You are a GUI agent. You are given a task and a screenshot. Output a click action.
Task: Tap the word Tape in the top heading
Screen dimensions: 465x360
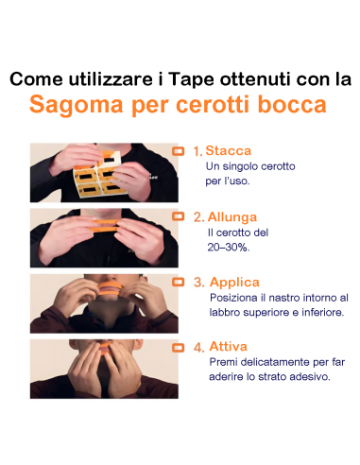(x=189, y=78)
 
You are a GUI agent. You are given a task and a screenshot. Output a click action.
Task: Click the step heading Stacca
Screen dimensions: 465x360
(x=230, y=150)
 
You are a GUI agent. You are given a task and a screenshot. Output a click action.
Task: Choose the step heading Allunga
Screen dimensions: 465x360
(x=232, y=216)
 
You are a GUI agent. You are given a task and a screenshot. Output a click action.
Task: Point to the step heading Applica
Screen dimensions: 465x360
(x=234, y=282)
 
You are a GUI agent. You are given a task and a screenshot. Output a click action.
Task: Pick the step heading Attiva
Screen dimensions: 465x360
(x=228, y=347)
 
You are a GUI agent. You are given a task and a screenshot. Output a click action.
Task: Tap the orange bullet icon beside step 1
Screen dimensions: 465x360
(x=178, y=150)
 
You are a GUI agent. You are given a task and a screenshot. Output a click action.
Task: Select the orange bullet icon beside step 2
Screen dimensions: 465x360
(x=178, y=216)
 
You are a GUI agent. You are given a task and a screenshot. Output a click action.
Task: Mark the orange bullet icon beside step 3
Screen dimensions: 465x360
(x=178, y=282)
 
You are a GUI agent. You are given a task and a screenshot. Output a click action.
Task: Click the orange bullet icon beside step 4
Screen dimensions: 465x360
(x=178, y=347)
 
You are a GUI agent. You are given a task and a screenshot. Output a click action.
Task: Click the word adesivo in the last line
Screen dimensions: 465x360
(x=309, y=377)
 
